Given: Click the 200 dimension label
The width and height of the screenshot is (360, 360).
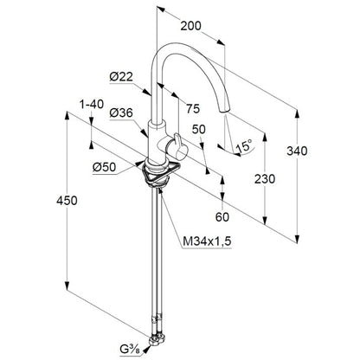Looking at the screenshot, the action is coord(190,26).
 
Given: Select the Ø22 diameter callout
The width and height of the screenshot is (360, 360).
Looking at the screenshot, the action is coord(121,77).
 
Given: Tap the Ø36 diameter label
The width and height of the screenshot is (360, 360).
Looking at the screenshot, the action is coord(121,112).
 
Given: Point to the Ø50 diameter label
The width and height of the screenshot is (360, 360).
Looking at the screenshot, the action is coord(104,167).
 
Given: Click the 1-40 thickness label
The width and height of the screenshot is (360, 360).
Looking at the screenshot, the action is coord(92,104).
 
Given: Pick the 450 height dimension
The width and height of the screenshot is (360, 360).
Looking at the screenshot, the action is coord(67,201).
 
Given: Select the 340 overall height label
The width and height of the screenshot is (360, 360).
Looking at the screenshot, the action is coord(297,151).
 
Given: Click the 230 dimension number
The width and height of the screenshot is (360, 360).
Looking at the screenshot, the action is coord(265,179).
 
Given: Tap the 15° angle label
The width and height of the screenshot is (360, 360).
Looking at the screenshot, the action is coord(244,146).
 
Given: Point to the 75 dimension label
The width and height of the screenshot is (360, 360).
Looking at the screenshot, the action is coord(193,109).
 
